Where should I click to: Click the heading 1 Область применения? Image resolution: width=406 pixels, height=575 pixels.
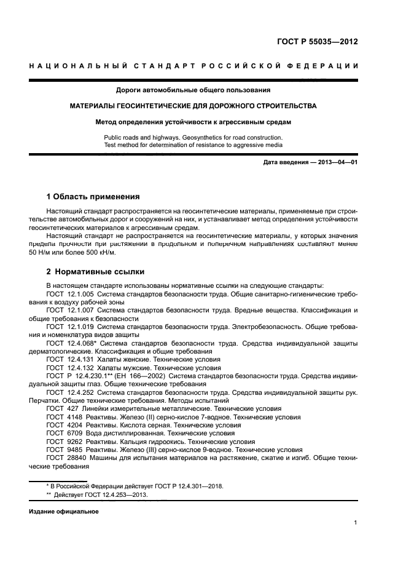93,197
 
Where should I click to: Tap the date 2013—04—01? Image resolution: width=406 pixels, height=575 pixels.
335,162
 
